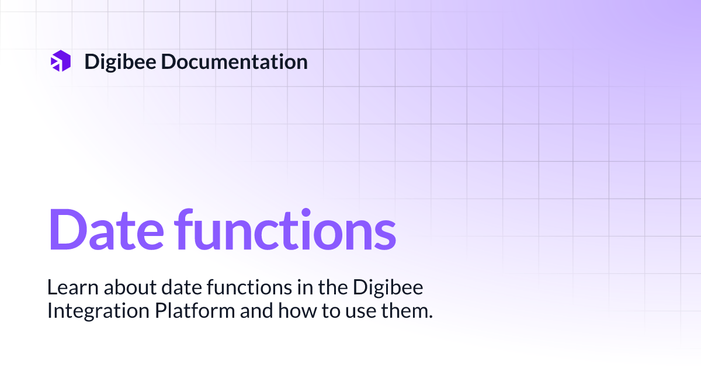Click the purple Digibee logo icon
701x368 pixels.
click(60, 61)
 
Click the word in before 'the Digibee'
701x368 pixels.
click(287, 287)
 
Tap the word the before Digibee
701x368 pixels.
click(321, 287)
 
